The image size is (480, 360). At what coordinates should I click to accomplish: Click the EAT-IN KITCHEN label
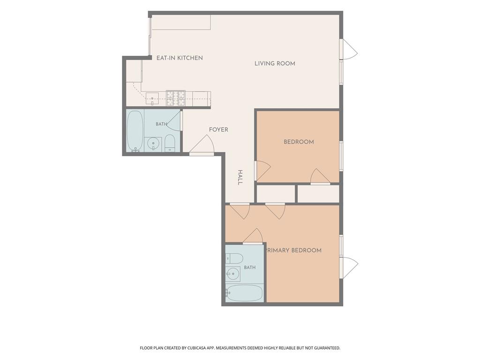[180, 58]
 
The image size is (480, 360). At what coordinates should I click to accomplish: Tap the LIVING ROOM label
[275, 64]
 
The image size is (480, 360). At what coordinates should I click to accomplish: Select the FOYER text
[218, 130]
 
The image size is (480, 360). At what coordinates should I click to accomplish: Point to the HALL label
[240, 177]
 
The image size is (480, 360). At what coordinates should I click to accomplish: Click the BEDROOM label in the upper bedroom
[299, 142]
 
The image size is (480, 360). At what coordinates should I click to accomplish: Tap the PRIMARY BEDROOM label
[294, 250]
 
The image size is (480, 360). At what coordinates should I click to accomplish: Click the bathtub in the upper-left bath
[135, 131]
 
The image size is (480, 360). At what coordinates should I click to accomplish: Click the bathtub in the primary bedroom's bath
[244, 293]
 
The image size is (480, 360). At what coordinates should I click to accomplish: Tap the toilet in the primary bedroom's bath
[234, 259]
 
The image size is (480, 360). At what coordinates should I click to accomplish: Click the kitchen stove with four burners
[176, 98]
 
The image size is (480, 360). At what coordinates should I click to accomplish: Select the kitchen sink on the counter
[152, 98]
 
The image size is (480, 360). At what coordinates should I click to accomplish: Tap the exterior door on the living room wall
[348, 49]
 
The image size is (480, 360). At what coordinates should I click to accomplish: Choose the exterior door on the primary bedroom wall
[349, 268]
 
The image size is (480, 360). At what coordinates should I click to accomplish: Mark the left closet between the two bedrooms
[276, 194]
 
